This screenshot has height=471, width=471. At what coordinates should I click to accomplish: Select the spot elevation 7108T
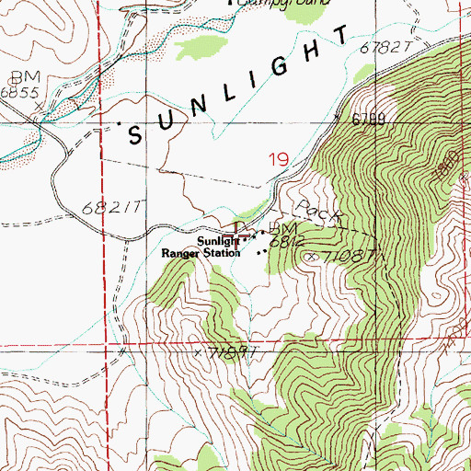344,255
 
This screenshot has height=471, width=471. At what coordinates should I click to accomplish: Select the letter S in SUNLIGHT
135,135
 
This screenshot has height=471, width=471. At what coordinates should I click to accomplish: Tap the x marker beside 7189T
197,351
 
